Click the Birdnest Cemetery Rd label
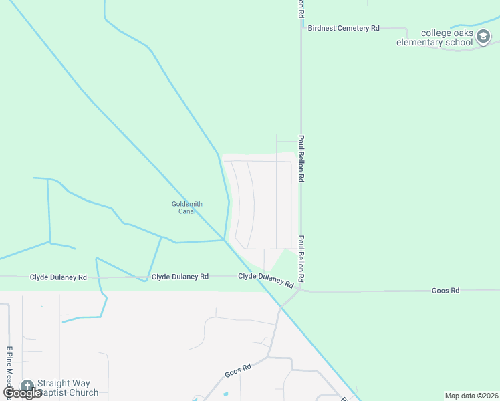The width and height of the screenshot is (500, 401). (x=343, y=28)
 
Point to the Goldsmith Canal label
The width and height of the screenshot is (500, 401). (x=186, y=207)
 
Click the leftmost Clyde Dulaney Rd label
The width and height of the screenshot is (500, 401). (x=58, y=277)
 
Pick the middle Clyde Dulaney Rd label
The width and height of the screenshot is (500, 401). (x=180, y=276)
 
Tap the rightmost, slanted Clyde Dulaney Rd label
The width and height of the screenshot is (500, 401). (x=266, y=279)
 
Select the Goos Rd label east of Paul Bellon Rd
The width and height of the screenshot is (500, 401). (x=445, y=291)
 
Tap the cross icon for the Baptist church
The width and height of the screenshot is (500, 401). (x=27, y=386)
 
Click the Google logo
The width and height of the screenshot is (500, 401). (x=21, y=393)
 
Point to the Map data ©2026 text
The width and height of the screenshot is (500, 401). (x=471, y=396)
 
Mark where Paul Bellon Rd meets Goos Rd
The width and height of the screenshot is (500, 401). (x=301, y=290)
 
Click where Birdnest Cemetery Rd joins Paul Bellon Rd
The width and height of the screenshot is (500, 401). (x=301, y=28)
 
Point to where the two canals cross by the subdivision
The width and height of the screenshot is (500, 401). (x=225, y=240)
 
